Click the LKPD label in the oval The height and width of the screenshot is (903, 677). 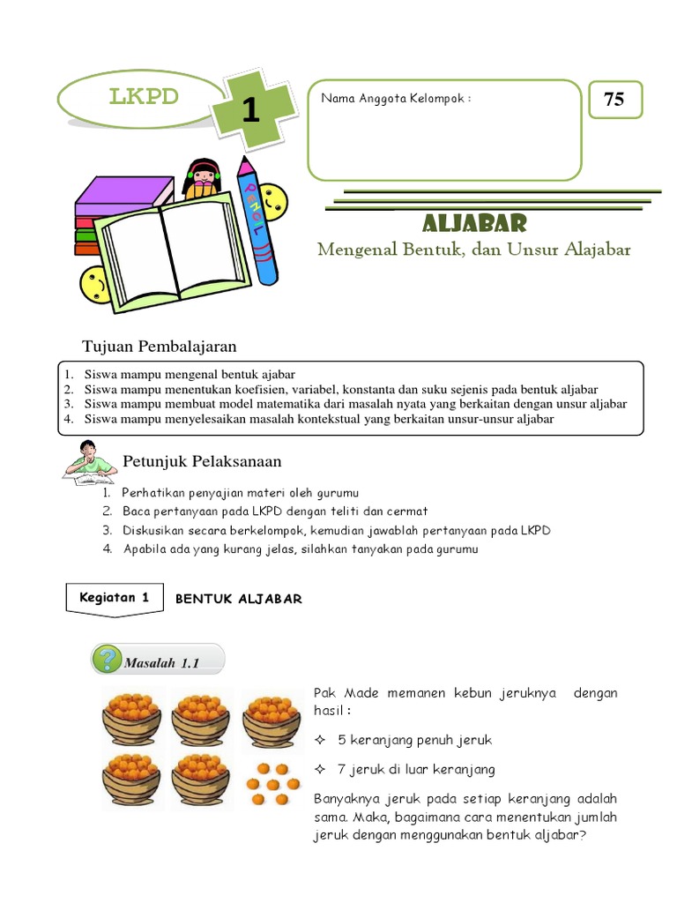click(144, 96)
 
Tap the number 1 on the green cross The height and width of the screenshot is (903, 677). click(250, 111)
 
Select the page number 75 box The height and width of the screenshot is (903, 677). click(614, 100)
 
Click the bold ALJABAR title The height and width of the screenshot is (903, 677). click(473, 222)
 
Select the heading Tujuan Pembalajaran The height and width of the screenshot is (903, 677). click(159, 345)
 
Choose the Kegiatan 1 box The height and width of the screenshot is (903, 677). click(108, 597)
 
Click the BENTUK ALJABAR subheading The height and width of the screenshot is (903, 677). click(238, 599)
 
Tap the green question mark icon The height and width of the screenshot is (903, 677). click(108, 659)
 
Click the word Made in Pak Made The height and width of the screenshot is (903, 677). click(361, 693)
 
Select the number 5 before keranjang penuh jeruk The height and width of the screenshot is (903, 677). click(342, 740)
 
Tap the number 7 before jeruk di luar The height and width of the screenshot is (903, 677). click(342, 769)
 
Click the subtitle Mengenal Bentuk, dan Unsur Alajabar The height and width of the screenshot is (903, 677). click(473, 250)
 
